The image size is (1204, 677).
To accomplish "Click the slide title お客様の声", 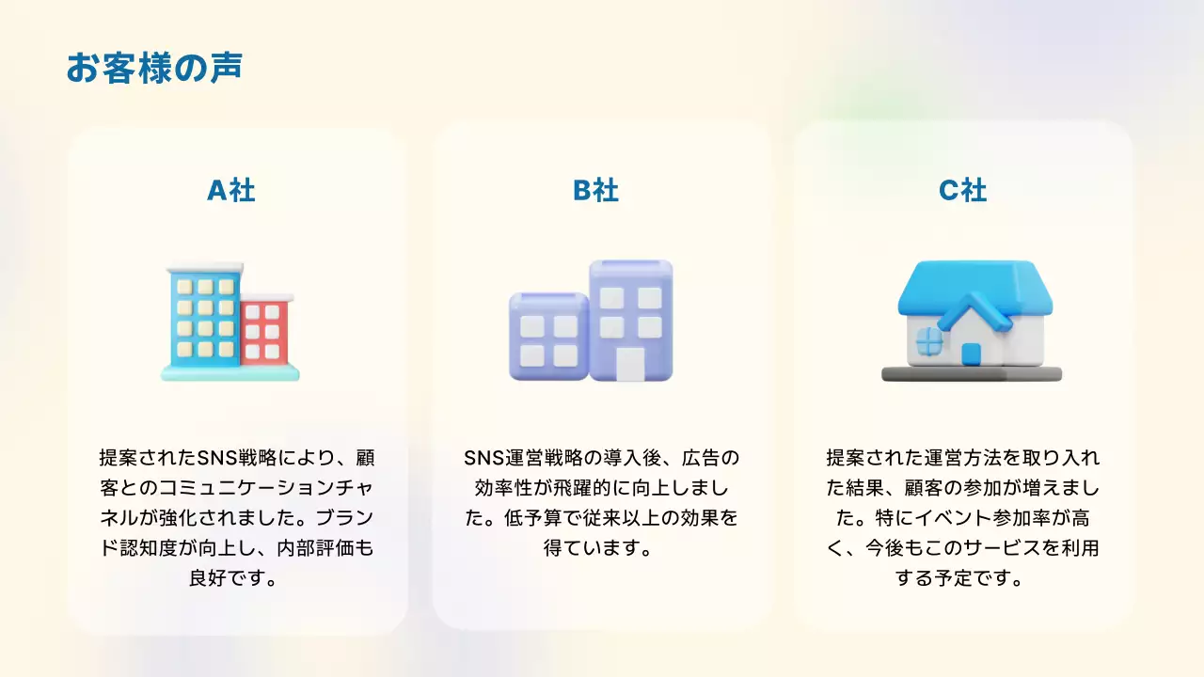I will pos(153,69).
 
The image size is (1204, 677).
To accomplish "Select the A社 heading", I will pos(230,191).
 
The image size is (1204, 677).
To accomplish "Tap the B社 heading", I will pos(595,191).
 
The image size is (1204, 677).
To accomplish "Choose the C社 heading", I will pos(962,191).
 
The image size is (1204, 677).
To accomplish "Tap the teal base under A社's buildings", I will pos(230,372).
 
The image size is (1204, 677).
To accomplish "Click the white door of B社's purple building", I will pos(630,364).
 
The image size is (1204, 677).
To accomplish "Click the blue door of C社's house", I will pos(971,354).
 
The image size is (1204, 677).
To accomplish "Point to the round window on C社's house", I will pos(928,340).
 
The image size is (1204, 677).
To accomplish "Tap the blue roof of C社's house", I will pos(974,287).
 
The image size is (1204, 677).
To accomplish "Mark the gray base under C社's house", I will pos(971,374).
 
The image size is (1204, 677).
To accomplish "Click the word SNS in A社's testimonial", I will pos(219,458).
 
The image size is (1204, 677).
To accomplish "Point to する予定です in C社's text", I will pos(960,578).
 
